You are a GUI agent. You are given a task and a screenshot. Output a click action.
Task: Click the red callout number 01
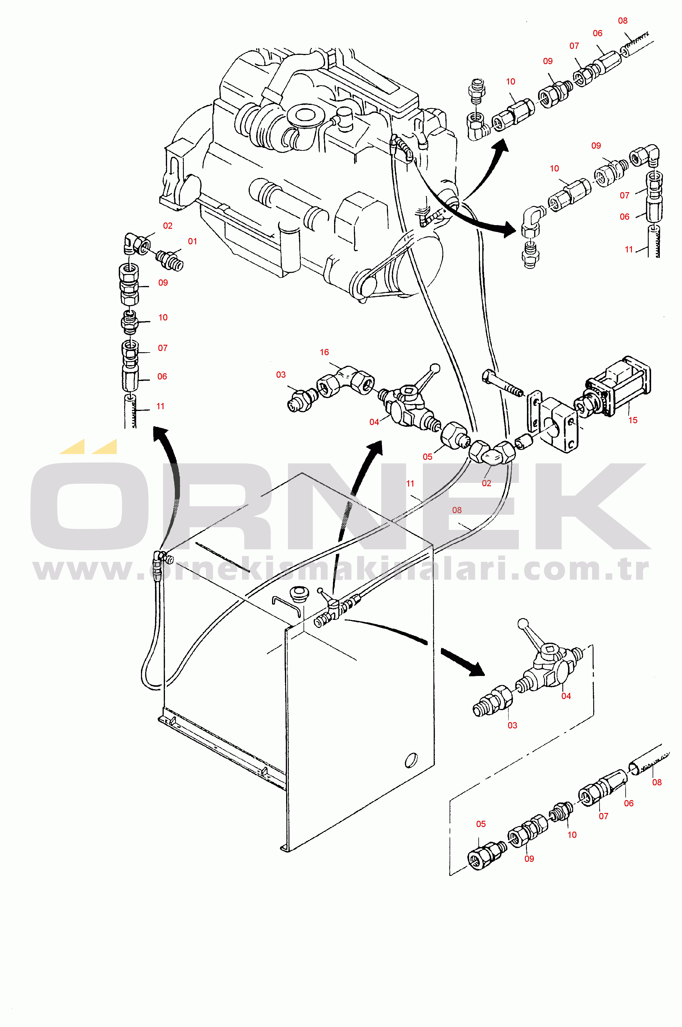coord(192,241)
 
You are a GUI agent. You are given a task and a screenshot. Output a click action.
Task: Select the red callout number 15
coord(633,420)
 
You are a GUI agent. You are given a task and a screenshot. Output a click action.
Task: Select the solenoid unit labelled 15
coord(613,388)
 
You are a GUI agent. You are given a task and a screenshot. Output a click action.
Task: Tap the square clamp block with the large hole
coord(559,425)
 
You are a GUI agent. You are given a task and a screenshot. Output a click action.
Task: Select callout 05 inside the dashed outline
coord(481,824)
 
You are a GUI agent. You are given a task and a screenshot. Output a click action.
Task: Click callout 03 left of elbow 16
coord(281,375)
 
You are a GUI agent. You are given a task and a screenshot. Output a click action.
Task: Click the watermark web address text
coord(341,569)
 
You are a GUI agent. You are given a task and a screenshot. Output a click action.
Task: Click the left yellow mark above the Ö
coord(73,447)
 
